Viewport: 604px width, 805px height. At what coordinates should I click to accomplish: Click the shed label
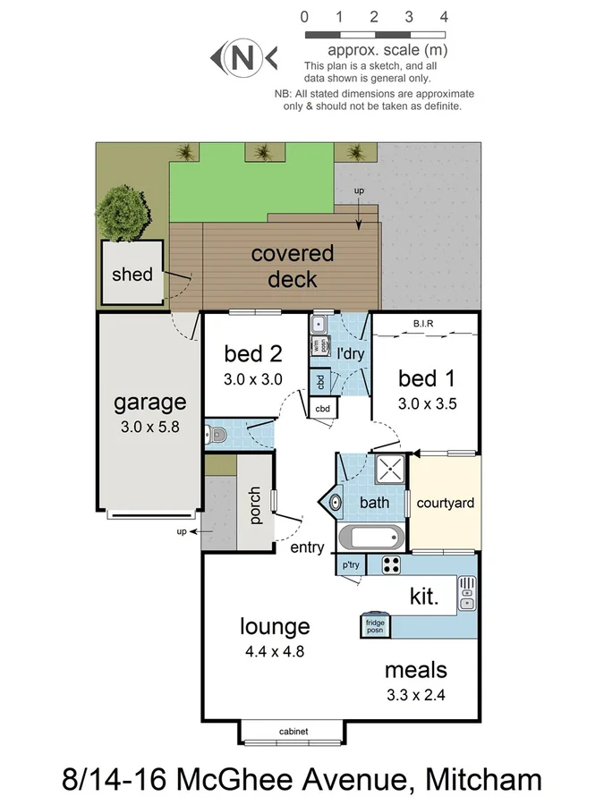point(132,275)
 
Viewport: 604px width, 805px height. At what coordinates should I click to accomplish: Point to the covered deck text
point(292,267)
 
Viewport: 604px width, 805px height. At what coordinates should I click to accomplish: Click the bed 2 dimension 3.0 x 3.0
point(252,379)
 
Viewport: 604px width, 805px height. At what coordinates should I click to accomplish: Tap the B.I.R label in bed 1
point(424,323)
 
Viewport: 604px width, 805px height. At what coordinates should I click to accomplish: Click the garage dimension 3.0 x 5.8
point(150,428)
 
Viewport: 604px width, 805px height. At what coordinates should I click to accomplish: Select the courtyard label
point(445,504)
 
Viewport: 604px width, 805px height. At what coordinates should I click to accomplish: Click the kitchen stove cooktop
point(391,564)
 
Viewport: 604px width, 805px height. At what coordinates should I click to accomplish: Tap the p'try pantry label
point(349,565)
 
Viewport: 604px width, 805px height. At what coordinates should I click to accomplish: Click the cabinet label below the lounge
point(293,732)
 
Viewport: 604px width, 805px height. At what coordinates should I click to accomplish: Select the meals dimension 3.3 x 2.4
point(415,695)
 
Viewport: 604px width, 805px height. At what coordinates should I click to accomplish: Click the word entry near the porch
point(307,547)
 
